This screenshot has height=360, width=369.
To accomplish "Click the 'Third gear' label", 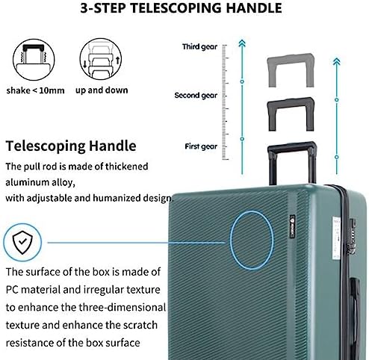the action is point(199,47).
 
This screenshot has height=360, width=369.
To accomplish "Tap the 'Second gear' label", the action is point(196,96).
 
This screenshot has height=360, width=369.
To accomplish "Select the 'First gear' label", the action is point(201,146).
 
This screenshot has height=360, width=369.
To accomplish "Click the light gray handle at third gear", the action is point(291,59).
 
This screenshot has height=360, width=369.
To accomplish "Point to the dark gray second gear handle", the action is point(291,103).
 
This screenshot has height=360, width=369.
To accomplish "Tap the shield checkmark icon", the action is point(22,242).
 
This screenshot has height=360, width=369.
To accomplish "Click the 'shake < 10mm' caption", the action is point(35,90).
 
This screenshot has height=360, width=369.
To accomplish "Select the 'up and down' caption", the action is point(102,90).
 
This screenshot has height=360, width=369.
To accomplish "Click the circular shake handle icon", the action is point(34,60).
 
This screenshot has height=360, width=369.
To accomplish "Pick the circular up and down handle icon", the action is point(101,59).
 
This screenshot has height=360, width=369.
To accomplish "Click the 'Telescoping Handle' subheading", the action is point(71,146).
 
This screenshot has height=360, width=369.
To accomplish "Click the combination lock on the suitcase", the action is point(352,237).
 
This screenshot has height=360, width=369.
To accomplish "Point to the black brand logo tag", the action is point(292,226).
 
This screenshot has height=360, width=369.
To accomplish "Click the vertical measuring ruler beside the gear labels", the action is point(225,102).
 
